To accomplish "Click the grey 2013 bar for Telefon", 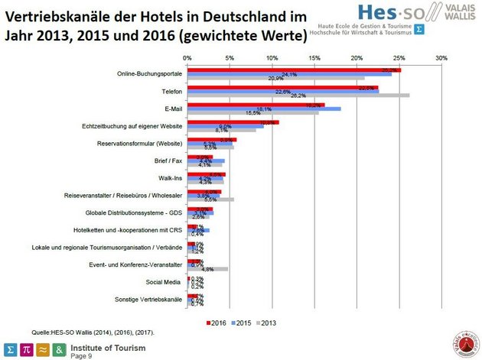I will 298,96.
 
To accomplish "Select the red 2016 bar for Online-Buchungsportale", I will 294,70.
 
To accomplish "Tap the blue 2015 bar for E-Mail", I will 264,109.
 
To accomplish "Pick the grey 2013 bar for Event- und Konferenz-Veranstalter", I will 207,269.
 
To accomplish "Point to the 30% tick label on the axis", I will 441,57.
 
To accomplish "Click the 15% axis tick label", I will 314,57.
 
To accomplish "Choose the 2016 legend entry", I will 218,323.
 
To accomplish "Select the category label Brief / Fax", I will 167,161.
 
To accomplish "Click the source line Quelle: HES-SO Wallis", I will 80,332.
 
